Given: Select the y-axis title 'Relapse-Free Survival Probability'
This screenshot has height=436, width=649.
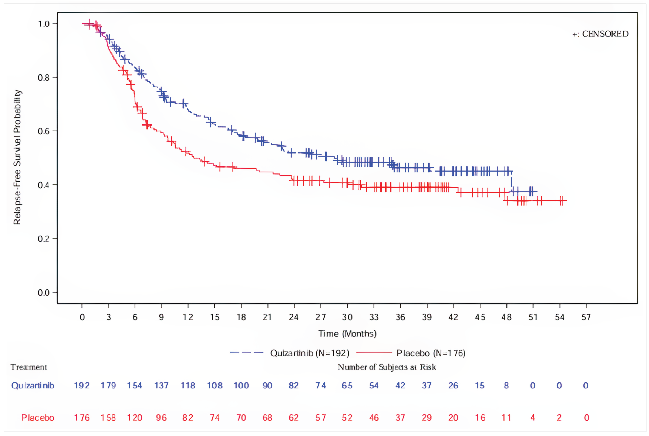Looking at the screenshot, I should pyautogui.click(x=17, y=157).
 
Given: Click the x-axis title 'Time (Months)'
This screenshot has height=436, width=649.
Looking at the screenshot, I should pyautogui.click(x=347, y=333).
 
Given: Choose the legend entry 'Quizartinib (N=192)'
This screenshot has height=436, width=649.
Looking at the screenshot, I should pyautogui.click(x=309, y=353).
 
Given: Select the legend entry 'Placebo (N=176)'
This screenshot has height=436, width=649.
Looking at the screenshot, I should pyautogui.click(x=431, y=353).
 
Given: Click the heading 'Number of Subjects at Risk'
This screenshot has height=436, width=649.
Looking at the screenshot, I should pyautogui.click(x=386, y=367).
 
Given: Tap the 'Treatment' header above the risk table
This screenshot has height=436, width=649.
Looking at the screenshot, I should pyautogui.click(x=29, y=367).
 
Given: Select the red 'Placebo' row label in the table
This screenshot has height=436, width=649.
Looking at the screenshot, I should pyautogui.click(x=38, y=418).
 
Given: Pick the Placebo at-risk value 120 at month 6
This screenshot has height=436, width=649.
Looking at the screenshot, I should pyautogui.click(x=135, y=418).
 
